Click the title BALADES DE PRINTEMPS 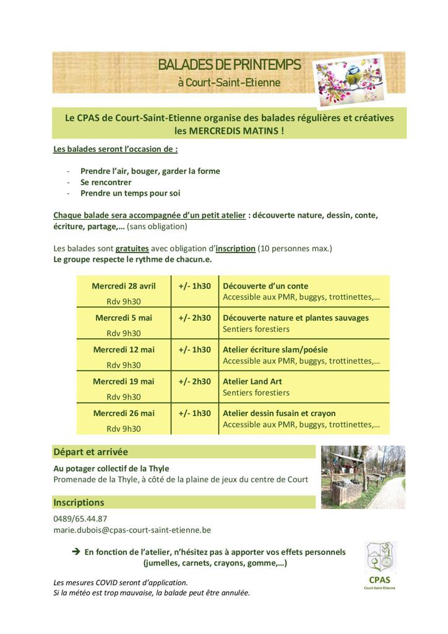coord(230,64)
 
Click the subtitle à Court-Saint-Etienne coord(229,82)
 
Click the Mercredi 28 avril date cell coord(124,286)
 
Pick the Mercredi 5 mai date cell coord(124,318)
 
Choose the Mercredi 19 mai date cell coord(124,381)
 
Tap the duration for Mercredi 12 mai coord(195,349)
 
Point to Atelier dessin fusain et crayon coord(279,413)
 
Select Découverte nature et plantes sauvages coord(295,318)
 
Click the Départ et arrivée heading coord(90,452)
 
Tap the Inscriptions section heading coord(79,502)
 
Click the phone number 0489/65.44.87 coord(80,519)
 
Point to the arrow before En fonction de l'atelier coord(76,552)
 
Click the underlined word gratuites coord(132,248)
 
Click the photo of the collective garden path coord(363,477)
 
